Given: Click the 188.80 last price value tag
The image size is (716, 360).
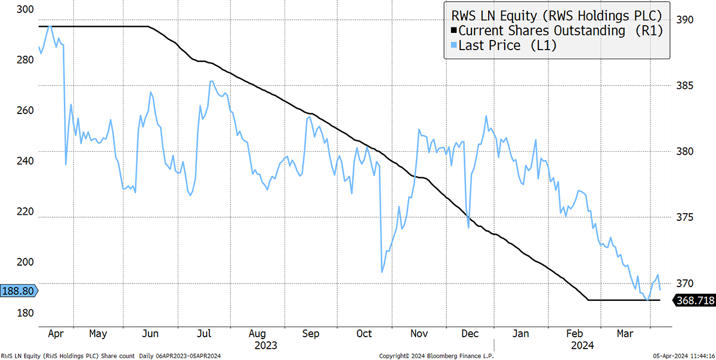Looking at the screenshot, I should (x=18, y=291).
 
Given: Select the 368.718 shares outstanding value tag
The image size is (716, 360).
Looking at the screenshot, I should (x=694, y=301).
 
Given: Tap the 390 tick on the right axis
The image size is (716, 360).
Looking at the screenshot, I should (x=686, y=20).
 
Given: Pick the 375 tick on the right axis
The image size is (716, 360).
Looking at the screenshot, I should (x=686, y=217).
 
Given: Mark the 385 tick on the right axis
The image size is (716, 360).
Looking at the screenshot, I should (x=686, y=85).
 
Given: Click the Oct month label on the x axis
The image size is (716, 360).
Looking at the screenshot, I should (x=365, y=333).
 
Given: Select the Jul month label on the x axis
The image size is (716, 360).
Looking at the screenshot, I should (x=204, y=333).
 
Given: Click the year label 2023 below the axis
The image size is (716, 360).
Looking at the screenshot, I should (x=266, y=344).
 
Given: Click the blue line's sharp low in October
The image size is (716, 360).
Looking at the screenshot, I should (x=382, y=272).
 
